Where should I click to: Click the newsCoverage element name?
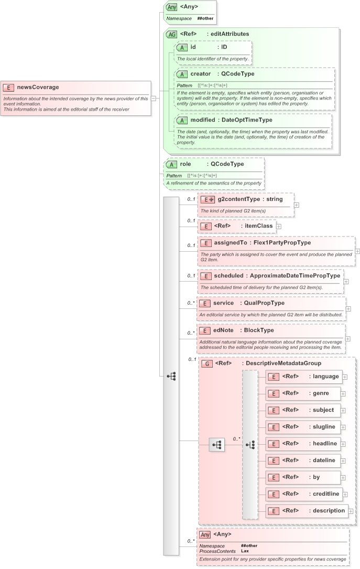point(38,87)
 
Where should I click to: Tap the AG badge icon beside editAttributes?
point(171,35)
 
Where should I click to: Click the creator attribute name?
point(201,74)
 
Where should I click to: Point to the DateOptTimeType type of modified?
point(247,120)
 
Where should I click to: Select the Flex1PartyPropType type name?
point(282,243)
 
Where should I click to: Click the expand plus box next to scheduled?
point(346,282)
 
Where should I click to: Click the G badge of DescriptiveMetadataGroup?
point(208,363)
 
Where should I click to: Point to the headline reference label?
point(325,444)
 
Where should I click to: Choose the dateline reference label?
point(324,460)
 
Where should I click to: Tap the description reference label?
point(329,511)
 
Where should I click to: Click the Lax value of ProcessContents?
point(245,551)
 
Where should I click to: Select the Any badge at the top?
point(171,7)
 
